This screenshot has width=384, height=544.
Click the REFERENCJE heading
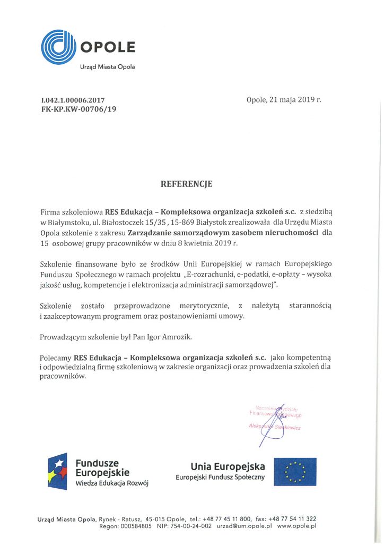pyautogui.click(x=186, y=184)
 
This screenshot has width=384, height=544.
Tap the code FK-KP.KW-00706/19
pyautogui.click(x=78, y=109)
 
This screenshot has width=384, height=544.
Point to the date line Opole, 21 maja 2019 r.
pyautogui.click(x=284, y=100)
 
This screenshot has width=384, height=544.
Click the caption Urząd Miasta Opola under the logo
pyautogui.click(x=107, y=67)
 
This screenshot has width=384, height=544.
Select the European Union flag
pyautogui.click(x=295, y=471)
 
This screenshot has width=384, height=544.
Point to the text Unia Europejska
pyautogui.click(x=228, y=466)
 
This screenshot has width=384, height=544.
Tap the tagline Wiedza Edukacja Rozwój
pyautogui.click(x=112, y=484)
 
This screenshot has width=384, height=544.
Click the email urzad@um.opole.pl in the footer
pyautogui.click(x=245, y=526)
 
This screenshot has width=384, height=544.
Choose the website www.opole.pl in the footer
pyautogui.click(x=296, y=526)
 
